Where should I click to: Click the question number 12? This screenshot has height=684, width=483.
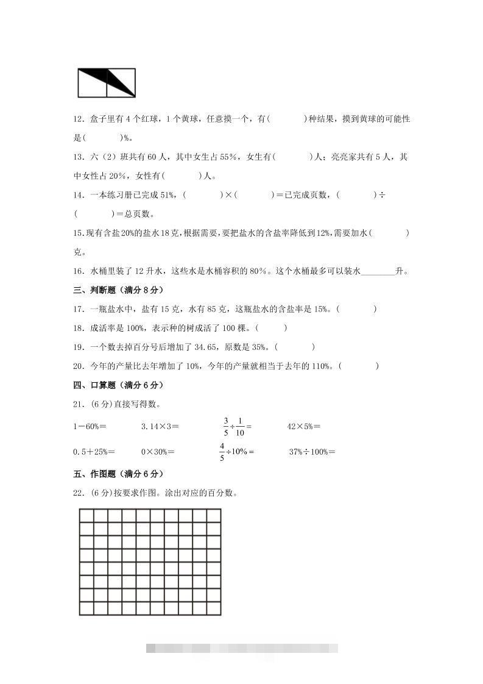tap(79, 119)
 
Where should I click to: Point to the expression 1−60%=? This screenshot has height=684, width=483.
tap(90, 427)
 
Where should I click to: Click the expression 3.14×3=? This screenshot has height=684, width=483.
tap(160, 427)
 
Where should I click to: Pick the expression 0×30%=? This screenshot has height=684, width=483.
tap(158, 452)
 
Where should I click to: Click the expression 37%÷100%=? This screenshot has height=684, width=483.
tap(312, 452)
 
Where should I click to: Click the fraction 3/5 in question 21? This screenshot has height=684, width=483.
tap(225, 427)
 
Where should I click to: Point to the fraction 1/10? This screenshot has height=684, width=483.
tap(240, 427)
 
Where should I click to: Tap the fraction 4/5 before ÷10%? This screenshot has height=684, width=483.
tap(222, 452)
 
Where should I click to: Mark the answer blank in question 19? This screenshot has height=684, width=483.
tap(295, 347)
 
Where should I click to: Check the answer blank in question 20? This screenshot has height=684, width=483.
tap(359, 366)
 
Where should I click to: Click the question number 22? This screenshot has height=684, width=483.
tap(79, 493)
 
